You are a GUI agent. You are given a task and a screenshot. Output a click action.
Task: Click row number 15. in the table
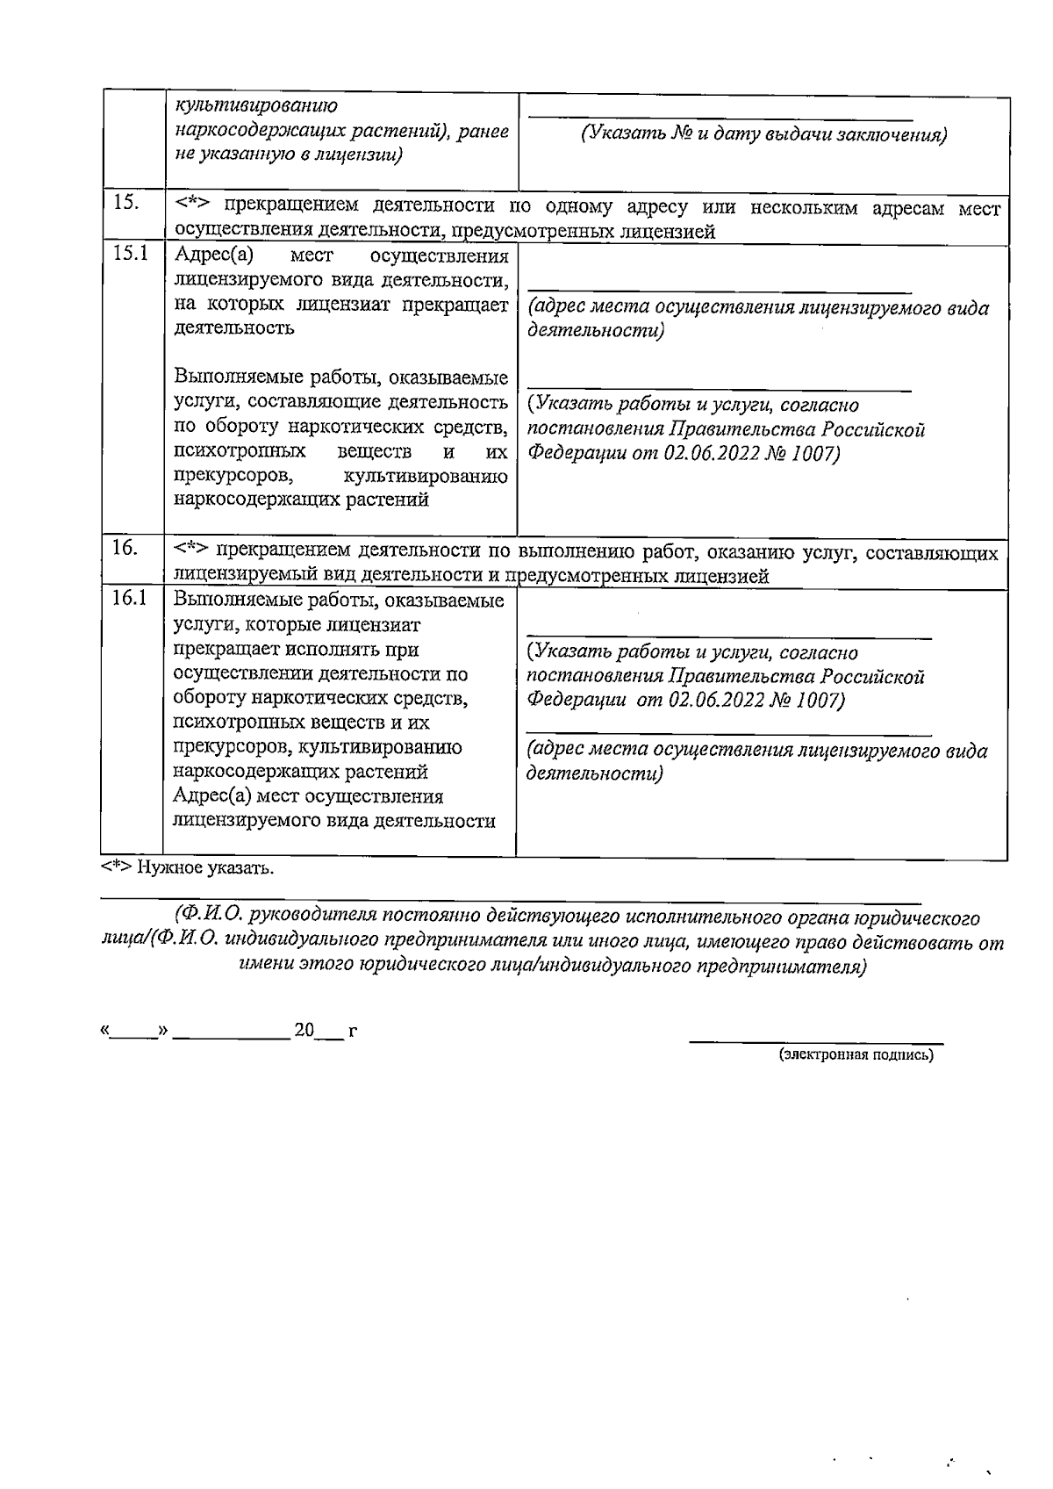126,203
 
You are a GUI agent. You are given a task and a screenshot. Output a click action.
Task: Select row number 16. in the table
125,548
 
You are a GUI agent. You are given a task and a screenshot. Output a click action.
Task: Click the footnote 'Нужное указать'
188,868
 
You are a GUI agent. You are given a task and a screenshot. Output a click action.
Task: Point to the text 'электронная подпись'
856,1055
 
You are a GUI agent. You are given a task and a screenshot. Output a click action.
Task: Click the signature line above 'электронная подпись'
815,1042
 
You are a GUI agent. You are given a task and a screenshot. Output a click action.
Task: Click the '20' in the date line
304,1030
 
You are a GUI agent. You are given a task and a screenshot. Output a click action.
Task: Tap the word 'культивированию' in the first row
256,106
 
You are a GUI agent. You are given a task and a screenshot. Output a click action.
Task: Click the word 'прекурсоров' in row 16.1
224,747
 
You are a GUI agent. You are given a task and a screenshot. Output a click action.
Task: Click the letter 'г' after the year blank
352,1032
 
